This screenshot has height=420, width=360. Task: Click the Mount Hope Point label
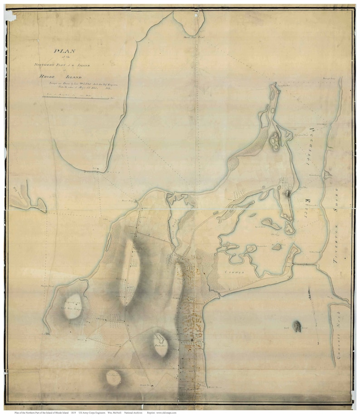192,37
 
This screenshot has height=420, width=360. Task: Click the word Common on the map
234,272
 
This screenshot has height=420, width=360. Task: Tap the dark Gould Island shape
297,326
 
